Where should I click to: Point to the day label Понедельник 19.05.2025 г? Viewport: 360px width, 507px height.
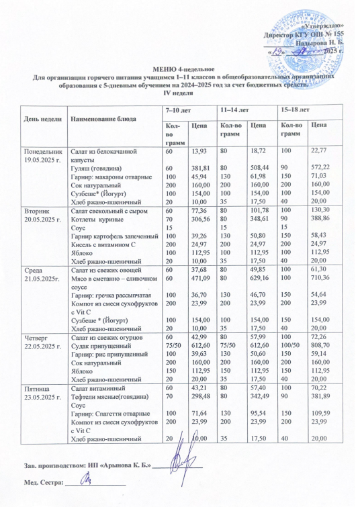click(x=42, y=156)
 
